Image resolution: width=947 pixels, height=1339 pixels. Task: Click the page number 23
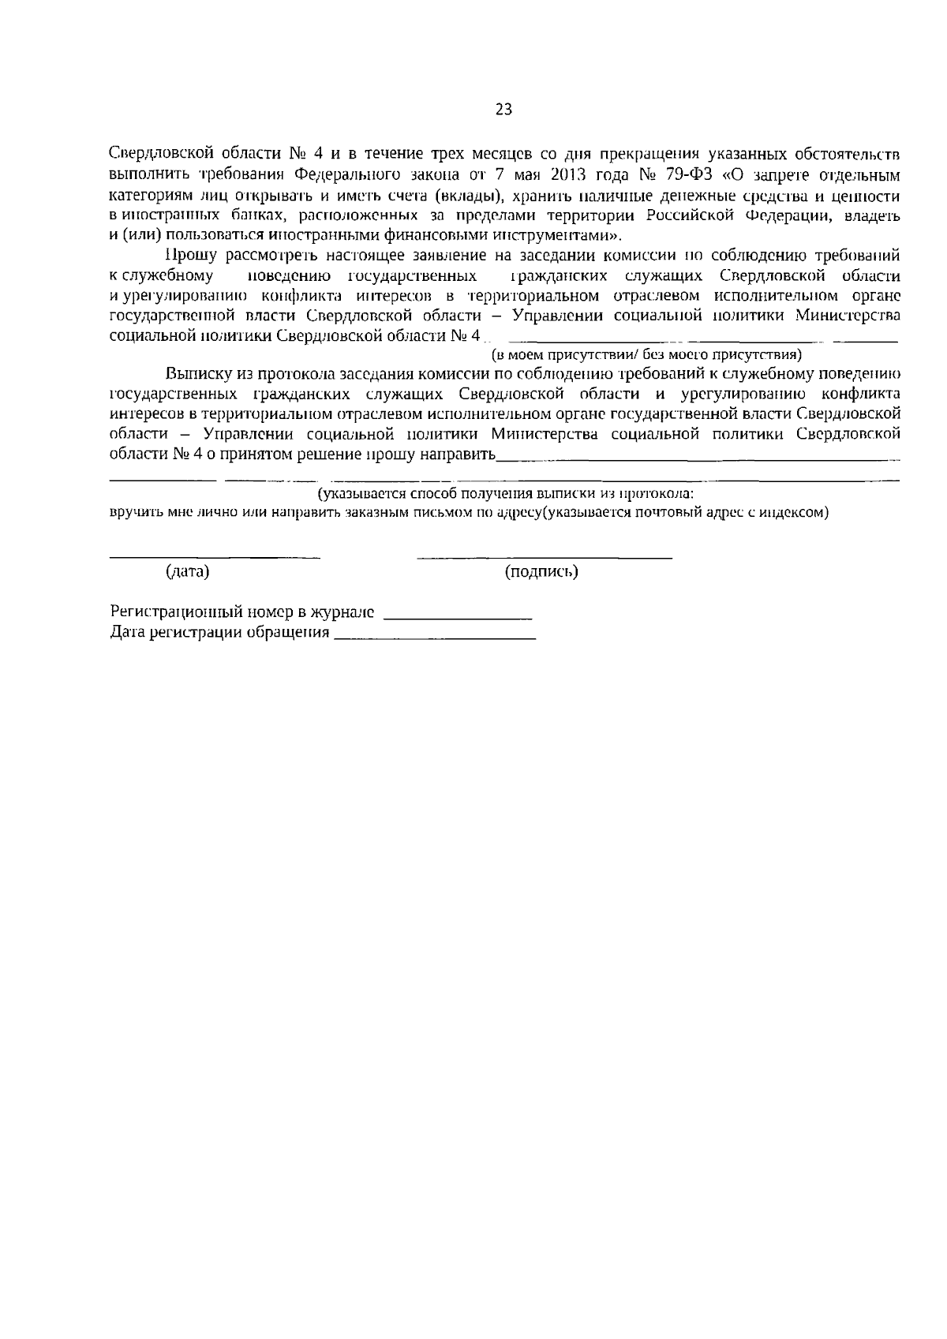point(503,110)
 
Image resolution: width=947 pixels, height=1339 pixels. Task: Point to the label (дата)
point(187,571)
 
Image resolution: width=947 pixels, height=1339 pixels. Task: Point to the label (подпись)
point(541,571)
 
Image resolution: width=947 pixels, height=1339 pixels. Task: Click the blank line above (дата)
point(214,557)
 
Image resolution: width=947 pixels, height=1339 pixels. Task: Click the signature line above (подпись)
point(545,557)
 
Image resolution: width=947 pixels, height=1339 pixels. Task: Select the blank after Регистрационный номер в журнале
point(458,616)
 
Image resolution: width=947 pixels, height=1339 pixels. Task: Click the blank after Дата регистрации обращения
point(435,637)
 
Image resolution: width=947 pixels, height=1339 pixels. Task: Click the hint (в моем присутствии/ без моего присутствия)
point(646,354)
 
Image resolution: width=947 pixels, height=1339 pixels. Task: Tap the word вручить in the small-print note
point(129,511)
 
